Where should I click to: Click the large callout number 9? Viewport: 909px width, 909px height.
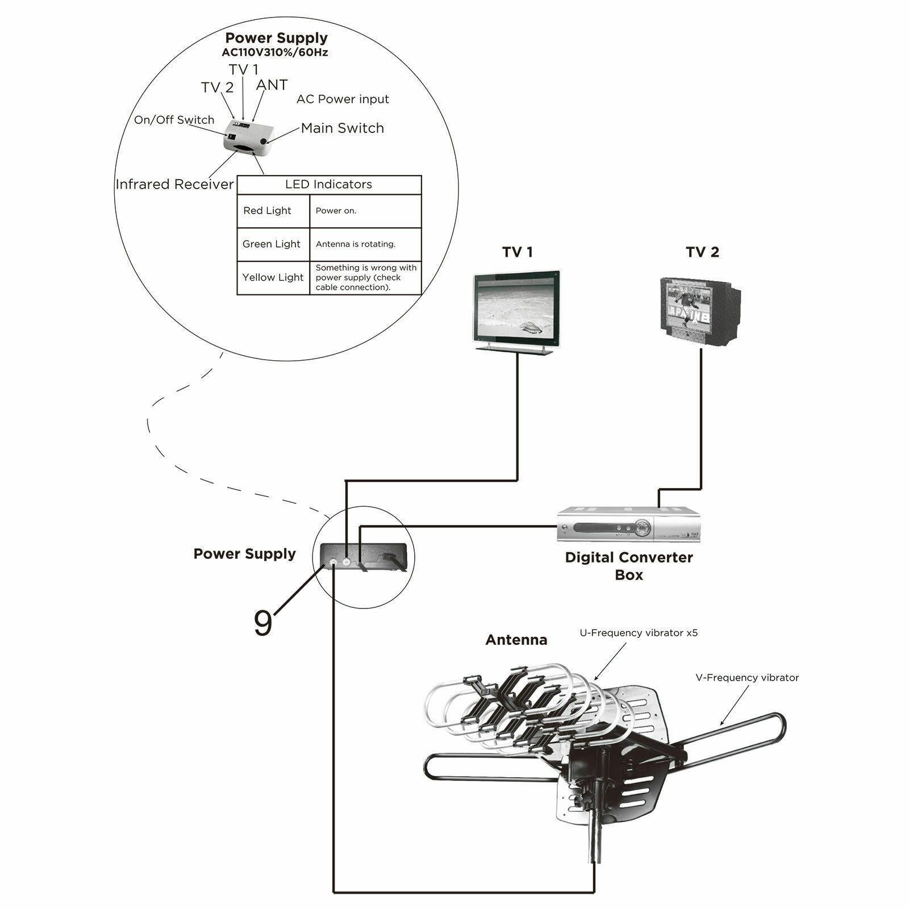[x=262, y=623]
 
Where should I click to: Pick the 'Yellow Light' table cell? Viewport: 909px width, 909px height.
[x=273, y=277]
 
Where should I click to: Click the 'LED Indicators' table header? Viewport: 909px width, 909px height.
[x=328, y=185]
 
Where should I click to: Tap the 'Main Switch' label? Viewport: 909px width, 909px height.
[x=342, y=128]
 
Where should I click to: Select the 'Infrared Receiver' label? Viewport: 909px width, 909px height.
[x=174, y=185]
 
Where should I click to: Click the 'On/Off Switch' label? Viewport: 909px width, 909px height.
[x=174, y=120]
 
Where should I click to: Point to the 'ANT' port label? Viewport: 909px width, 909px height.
[x=272, y=85]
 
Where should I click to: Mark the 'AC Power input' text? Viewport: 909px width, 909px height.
[x=343, y=99]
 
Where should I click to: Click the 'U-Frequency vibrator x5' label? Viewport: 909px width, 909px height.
[x=638, y=633]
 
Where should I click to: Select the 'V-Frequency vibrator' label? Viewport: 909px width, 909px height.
[x=747, y=678]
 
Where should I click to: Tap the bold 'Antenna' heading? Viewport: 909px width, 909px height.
[x=516, y=640]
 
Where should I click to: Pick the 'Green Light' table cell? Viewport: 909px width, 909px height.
[x=271, y=244]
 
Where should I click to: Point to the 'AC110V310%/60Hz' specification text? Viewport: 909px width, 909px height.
[x=275, y=53]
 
